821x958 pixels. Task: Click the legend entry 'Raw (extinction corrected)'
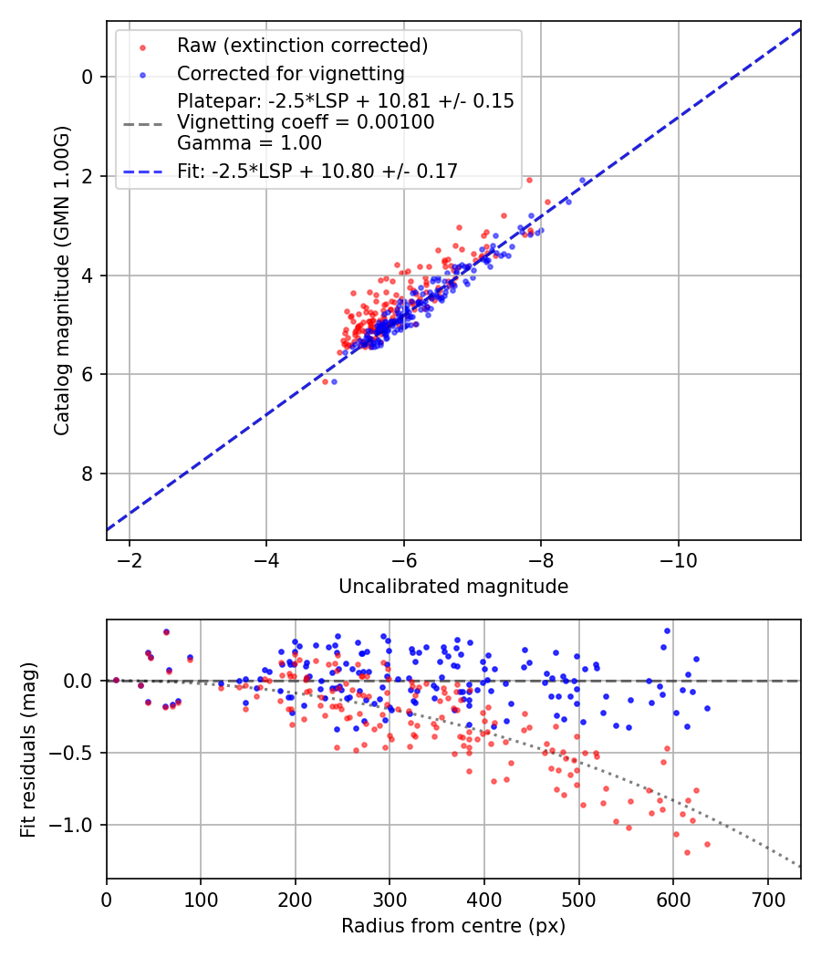click(x=302, y=46)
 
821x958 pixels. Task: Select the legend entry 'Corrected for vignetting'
click(x=290, y=73)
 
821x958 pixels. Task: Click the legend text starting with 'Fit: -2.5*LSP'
click(x=317, y=170)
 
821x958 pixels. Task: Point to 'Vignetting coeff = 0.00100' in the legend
click(x=306, y=121)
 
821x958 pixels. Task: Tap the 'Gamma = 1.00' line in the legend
click(x=249, y=142)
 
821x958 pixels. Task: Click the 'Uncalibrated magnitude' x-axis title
click(x=453, y=587)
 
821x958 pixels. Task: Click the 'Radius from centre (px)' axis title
click(x=453, y=926)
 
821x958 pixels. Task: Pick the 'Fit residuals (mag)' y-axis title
click(x=28, y=749)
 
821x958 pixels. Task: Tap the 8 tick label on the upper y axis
click(x=88, y=474)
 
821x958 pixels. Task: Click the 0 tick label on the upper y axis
click(x=88, y=77)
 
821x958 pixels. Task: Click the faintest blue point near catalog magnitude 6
click(x=334, y=381)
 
